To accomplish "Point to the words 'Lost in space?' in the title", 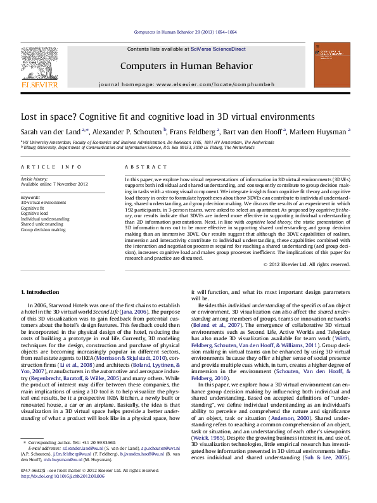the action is tap(43, 117).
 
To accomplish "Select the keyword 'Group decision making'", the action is tap(43, 230).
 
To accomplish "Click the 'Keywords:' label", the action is tap(30, 197).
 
